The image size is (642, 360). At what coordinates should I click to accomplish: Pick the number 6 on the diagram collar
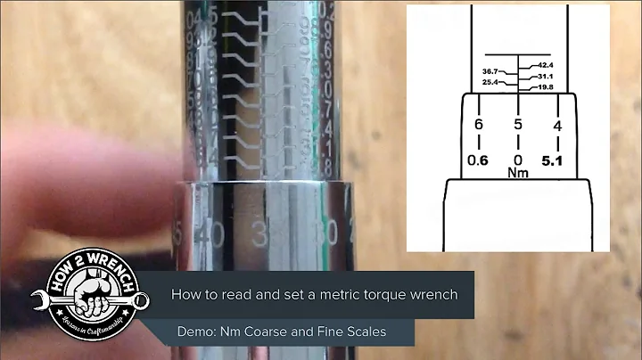pyautogui.click(x=479, y=126)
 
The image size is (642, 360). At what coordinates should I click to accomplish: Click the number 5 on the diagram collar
pyautogui.click(x=518, y=126)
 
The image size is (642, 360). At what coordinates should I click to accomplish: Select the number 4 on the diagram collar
pyautogui.click(x=558, y=126)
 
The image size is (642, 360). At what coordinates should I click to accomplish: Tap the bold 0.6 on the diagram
pyautogui.click(x=479, y=161)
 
